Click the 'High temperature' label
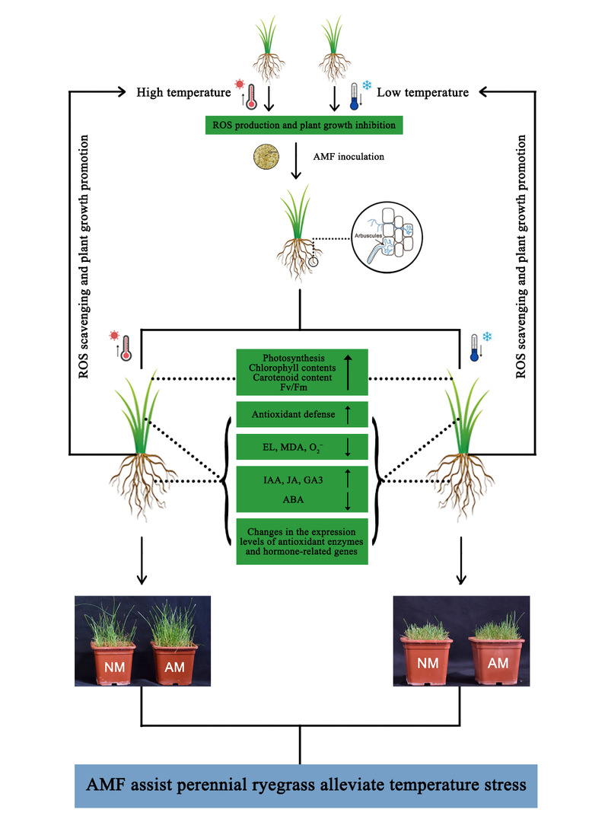pos(183,93)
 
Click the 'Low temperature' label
pos(423,93)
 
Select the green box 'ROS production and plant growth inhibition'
pos(303,123)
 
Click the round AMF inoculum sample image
pos(264,158)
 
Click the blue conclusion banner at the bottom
pos(302,786)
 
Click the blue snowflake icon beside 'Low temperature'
pos(366,84)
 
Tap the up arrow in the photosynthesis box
pos(347,371)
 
